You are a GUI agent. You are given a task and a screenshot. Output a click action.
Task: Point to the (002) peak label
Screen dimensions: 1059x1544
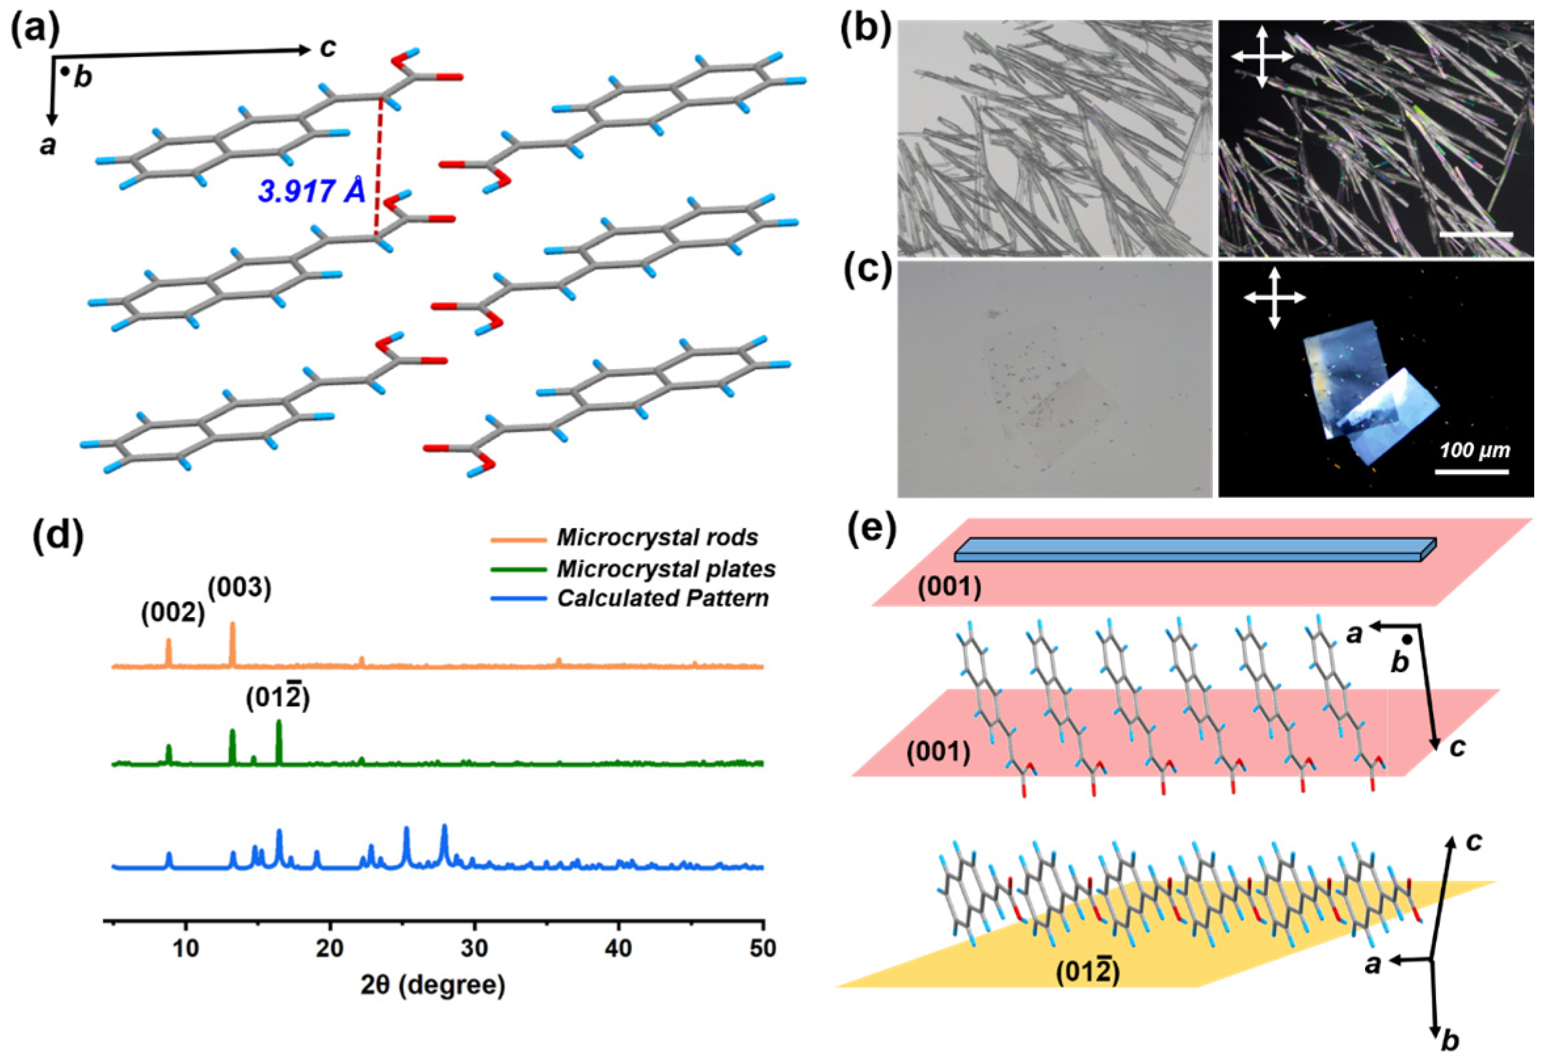click(x=172, y=613)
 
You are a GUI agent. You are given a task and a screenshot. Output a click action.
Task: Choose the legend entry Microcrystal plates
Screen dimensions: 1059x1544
click(x=665, y=569)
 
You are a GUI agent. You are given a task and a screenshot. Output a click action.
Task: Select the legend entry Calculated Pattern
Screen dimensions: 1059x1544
click(x=662, y=599)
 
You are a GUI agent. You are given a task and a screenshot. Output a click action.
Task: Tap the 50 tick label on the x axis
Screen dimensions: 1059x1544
click(x=762, y=948)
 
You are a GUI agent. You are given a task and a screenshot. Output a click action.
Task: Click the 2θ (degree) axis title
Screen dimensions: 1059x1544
click(x=433, y=984)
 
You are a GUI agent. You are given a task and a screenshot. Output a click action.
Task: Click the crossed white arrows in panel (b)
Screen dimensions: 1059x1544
click(x=1262, y=57)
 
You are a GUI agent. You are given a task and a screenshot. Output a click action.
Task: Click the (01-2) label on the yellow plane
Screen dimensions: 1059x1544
click(x=1088, y=973)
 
